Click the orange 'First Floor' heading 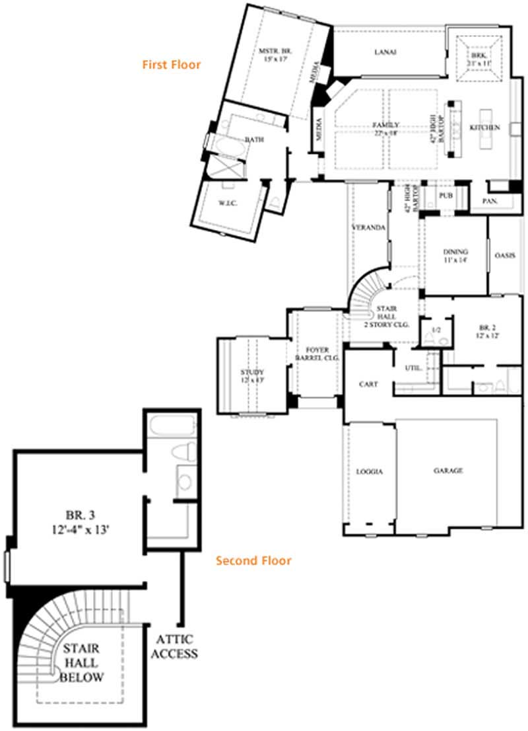pos(171,65)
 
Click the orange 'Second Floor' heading pos(253,561)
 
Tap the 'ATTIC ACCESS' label pos(177,647)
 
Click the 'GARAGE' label pos(447,471)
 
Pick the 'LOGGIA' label pos(370,472)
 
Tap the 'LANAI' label pos(385,53)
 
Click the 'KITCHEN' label pos(484,127)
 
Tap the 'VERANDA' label pos(368,227)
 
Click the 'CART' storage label pos(368,384)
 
